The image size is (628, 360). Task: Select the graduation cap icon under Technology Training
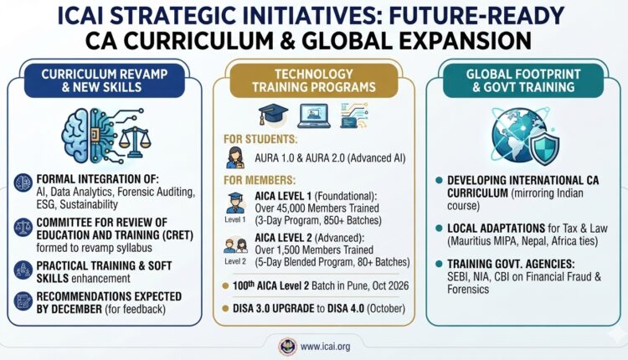coord(273,115)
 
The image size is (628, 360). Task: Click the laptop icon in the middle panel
coord(314,116)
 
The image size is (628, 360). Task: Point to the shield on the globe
coord(544,145)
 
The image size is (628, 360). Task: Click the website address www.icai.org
coord(325,347)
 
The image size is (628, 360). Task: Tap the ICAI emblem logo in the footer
coord(287,347)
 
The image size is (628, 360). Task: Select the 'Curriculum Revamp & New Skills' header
coord(104,80)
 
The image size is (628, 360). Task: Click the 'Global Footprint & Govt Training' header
coord(523,80)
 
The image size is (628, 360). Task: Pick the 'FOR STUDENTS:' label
coord(260,139)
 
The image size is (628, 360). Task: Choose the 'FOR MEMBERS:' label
coord(260,180)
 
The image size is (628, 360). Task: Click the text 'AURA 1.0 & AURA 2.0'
coord(300,158)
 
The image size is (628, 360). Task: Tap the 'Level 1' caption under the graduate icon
coord(235,220)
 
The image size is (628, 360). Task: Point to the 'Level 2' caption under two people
coord(235,261)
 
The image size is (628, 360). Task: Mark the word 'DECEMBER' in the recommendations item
coord(76,309)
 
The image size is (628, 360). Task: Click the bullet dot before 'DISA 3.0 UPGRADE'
coord(225,308)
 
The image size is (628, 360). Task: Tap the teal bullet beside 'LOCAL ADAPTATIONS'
coord(439,229)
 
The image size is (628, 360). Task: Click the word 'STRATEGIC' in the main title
coord(178,17)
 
